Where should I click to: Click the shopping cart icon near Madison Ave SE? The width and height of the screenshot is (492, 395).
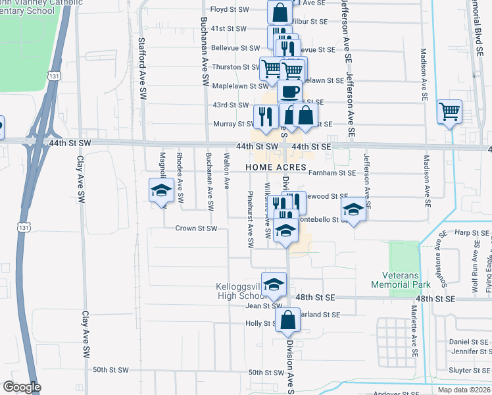click(449, 113)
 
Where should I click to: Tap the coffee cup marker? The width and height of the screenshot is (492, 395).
click(289, 92)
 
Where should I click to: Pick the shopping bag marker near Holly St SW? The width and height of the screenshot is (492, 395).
click(288, 321)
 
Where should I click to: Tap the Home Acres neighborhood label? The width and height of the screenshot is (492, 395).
click(276, 168)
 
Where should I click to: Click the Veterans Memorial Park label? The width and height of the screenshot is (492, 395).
click(401, 280)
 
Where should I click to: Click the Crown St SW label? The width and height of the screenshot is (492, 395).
click(195, 228)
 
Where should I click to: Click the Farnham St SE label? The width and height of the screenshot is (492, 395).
click(333, 173)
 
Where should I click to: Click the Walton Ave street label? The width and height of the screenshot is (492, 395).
click(226, 170)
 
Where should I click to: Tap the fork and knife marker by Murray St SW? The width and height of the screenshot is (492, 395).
click(264, 117)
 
